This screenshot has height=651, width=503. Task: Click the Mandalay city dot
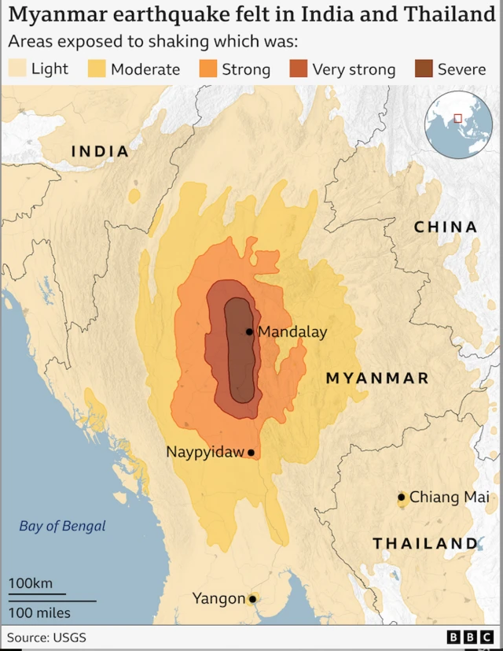(x=249, y=332)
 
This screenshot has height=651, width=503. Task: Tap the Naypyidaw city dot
(x=251, y=453)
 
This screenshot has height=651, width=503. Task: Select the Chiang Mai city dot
(x=402, y=497)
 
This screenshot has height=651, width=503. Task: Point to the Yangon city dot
(x=252, y=599)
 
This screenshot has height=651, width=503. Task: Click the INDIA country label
(x=100, y=151)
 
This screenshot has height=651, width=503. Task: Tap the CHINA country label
(x=446, y=227)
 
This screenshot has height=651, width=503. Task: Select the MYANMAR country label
(x=377, y=378)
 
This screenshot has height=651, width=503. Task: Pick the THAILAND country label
(x=425, y=543)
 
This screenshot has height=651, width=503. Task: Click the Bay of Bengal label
(x=62, y=526)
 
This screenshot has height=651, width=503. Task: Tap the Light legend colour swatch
(x=17, y=68)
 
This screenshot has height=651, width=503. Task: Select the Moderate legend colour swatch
(x=96, y=68)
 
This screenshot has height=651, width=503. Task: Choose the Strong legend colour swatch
(x=207, y=68)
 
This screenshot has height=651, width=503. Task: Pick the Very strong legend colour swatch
(x=299, y=68)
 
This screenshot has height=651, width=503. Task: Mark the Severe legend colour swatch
(x=424, y=68)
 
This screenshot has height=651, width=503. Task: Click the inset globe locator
(x=458, y=124)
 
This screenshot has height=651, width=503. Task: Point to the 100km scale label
(x=31, y=583)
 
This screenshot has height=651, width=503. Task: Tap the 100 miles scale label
(x=39, y=612)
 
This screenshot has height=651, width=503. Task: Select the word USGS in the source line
(x=70, y=637)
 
